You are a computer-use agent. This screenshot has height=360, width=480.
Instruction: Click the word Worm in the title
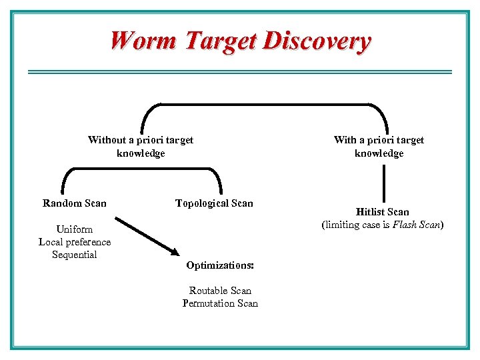pyautogui.click(x=144, y=41)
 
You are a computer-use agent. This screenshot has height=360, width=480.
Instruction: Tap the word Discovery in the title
pyautogui.click(x=317, y=41)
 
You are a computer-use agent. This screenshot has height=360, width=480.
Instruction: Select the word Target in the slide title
pyautogui.click(x=221, y=41)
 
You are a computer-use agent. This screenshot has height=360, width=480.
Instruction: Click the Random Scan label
pyautogui.click(x=74, y=203)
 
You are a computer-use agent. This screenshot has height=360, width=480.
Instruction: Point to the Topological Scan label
pyautogui.click(x=214, y=203)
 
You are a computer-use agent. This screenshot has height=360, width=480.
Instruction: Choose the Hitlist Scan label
pyautogui.click(x=382, y=212)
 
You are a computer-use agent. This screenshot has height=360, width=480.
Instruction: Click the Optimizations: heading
pyautogui.click(x=220, y=265)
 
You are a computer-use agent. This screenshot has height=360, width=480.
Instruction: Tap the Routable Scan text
pyautogui.click(x=220, y=291)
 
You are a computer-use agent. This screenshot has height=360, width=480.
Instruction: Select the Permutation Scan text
pyautogui.click(x=220, y=303)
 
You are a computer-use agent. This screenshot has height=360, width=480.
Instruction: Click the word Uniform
pyautogui.click(x=75, y=229)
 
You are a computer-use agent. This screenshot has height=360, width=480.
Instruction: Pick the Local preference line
pyautogui.click(x=75, y=242)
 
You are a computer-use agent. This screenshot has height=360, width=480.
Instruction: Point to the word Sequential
pyautogui.click(x=75, y=255)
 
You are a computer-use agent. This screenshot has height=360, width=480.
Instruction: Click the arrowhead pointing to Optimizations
pyautogui.click(x=175, y=253)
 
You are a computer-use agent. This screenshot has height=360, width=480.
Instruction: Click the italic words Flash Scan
pyautogui.click(x=416, y=225)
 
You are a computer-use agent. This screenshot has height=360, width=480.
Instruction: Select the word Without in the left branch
pyautogui.click(x=106, y=140)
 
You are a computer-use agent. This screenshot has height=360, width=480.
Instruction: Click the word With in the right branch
pyautogui.click(x=345, y=140)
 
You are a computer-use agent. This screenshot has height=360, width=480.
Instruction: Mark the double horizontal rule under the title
pyautogui.click(x=240, y=72)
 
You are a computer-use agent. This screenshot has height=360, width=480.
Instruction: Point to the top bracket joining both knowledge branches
pyautogui.click(x=264, y=104)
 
